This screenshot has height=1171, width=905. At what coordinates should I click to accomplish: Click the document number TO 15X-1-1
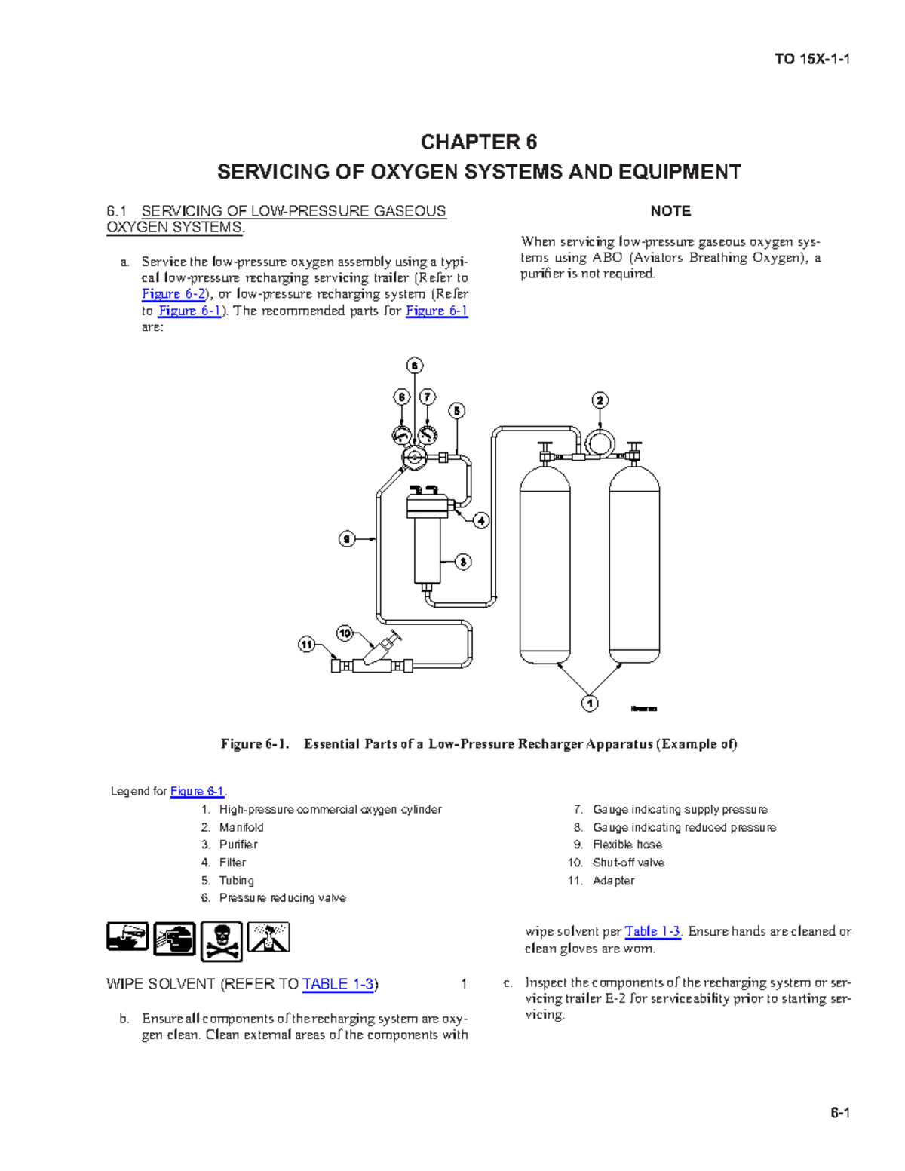tap(812, 60)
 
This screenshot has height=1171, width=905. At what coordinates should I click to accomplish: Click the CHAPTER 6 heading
tap(478, 142)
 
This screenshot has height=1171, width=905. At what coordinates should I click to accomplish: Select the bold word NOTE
tap(670, 211)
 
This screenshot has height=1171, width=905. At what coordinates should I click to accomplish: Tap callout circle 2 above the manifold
tap(600, 400)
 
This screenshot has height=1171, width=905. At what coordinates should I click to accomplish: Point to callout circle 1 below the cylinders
tap(590, 703)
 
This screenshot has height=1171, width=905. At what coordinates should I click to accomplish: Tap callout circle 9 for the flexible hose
tap(347, 538)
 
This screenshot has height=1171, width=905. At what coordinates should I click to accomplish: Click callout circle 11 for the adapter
tap(306, 645)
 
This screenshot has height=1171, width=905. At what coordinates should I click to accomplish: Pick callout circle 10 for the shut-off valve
tap(345, 633)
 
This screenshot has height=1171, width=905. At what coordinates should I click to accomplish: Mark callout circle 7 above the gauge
tap(428, 397)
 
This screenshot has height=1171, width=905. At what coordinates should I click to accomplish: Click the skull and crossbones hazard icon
tap(222, 941)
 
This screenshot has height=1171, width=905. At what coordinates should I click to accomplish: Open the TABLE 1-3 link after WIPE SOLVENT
tap(338, 984)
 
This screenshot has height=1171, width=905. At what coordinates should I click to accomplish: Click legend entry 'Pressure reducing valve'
tap(282, 898)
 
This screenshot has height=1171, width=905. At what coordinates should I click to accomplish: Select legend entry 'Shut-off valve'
tap(628, 863)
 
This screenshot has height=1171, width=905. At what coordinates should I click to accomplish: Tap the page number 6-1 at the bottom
tap(840, 1113)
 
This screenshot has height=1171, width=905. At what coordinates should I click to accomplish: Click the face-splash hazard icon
tap(174, 939)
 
